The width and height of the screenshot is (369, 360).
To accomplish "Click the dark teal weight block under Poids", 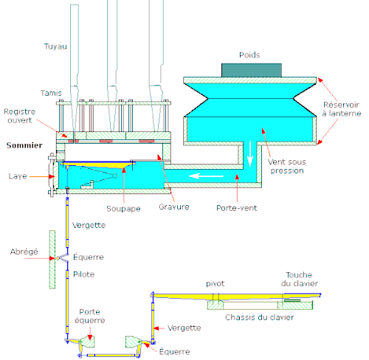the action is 252,70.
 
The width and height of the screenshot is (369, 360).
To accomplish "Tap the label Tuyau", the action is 55,46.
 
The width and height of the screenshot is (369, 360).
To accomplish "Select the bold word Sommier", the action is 24,145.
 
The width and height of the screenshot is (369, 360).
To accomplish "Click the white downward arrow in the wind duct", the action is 250,153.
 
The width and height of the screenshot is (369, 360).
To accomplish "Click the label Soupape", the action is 123,209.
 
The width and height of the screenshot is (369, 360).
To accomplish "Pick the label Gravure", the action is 174,207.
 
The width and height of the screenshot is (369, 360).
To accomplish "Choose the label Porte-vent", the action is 237,208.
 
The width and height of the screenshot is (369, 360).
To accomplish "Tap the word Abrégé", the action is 24,252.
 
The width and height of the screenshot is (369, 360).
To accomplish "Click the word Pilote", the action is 84,274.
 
